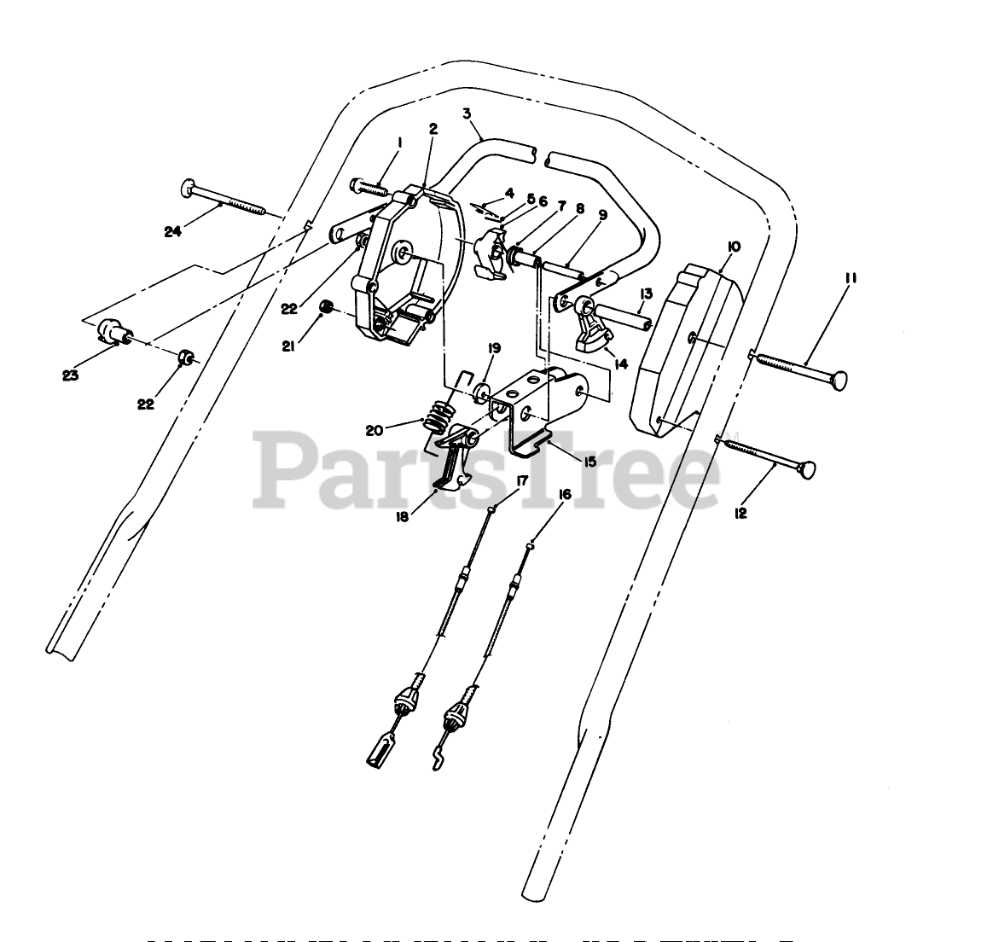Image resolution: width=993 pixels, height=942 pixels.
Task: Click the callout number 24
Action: click(173, 230)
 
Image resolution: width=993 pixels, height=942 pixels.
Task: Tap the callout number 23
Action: click(70, 374)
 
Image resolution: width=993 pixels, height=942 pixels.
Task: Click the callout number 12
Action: click(740, 514)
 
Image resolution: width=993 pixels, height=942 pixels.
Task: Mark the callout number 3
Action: click(467, 112)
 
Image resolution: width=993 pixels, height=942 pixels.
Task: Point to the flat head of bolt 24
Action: click(189, 187)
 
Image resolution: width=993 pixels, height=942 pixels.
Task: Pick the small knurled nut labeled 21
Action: click(325, 307)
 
